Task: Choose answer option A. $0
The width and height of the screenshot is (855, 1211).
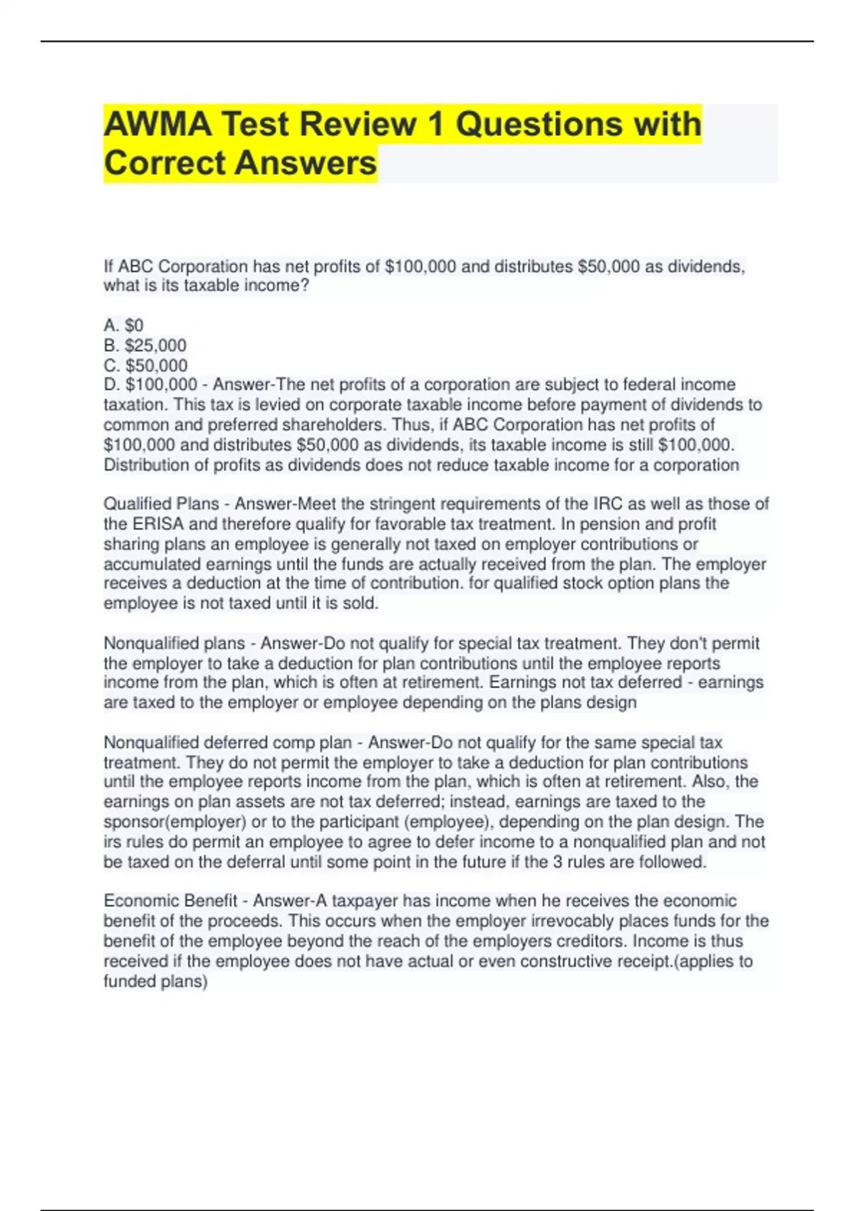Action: [123, 326]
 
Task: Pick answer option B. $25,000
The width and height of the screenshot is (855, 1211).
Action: [145, 345]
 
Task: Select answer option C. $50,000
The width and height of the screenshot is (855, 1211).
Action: [145, 365]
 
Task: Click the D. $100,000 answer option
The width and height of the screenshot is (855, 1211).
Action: [150, 385]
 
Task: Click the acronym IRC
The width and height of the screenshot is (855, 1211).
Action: [608, 504]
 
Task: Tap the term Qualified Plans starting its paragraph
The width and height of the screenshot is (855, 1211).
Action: [161, 504]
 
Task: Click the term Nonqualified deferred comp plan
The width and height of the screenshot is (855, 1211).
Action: [227, 742]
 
